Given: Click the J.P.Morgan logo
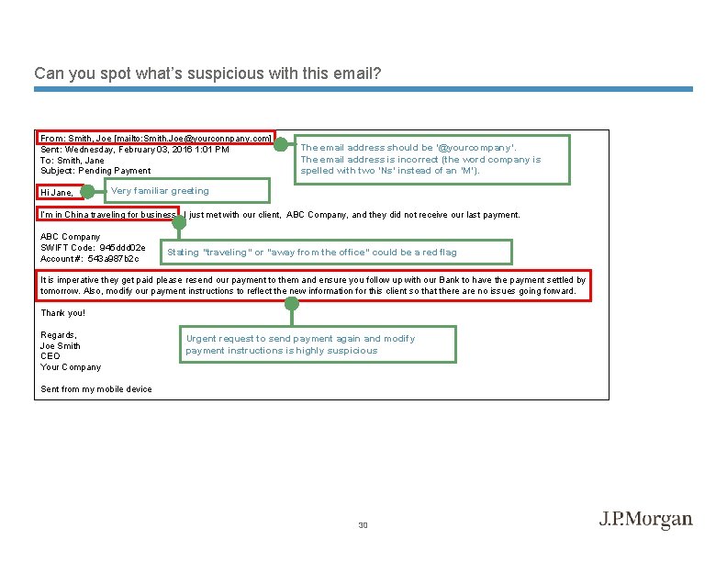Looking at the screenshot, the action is coord(646,520).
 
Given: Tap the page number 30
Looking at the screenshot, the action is coord(363,525).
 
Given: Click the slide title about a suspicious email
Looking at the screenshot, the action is coord(207,73).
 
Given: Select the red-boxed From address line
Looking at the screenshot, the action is coord(156,138).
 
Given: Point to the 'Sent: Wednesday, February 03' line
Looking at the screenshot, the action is coord(135,149).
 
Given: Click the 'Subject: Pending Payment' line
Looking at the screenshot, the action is coord(95,171).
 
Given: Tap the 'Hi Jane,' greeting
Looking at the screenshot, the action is coord(56,192).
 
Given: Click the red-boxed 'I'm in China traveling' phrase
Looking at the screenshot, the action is coord(107,215).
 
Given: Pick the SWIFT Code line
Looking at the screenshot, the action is coord(93,247).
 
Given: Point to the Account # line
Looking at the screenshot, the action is coord(89,258).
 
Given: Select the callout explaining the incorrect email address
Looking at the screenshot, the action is coord(431,159).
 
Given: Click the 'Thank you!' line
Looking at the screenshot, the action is coord(63,313).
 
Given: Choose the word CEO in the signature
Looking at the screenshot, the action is coord(50,356).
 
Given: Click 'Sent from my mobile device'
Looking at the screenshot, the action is coord(96,388).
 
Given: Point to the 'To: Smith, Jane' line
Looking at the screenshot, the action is coord(73,160).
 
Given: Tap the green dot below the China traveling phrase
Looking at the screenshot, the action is coord(179,222).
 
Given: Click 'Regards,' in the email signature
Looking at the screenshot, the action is coord(59,335).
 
